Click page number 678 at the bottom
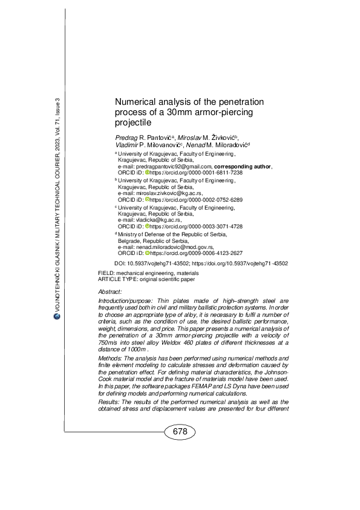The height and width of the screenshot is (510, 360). [x=180, y=432]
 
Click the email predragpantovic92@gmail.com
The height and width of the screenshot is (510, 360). [x=173, y=166]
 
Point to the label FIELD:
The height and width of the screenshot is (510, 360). [x=106, y=274]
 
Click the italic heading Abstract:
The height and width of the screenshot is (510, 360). [x=110, y=292]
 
